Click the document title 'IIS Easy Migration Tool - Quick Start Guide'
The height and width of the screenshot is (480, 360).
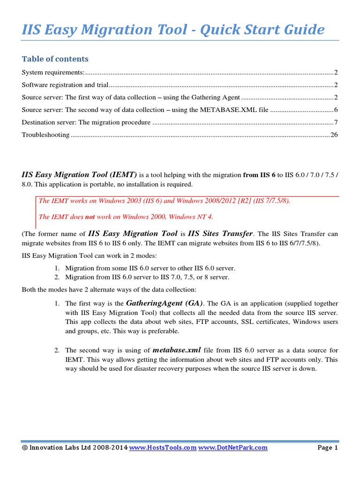tap(173, 30)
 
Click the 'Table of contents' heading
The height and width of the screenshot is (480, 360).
tap(55, 59)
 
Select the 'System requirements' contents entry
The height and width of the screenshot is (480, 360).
tap(53, 73)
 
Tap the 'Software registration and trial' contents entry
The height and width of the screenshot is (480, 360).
tap(65, 85)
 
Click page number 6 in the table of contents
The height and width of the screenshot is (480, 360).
tap(336, 110)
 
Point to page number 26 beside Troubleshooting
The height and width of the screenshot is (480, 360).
tap(334, 135)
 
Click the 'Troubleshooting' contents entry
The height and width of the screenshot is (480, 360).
tap(45, 135)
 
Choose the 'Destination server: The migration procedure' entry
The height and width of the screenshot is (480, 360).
tap(86, 123)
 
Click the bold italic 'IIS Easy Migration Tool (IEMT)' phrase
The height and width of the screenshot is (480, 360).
tap(80, 174)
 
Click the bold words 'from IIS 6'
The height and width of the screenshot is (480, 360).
tap(259, 174)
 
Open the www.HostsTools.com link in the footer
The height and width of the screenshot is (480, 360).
tap(163, 448)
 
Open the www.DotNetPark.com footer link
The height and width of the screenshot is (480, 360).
tap(233, 448)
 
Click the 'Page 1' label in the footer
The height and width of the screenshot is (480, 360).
tap(328, 448)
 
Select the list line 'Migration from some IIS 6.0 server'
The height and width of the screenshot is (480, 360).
tap(150, 268)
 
